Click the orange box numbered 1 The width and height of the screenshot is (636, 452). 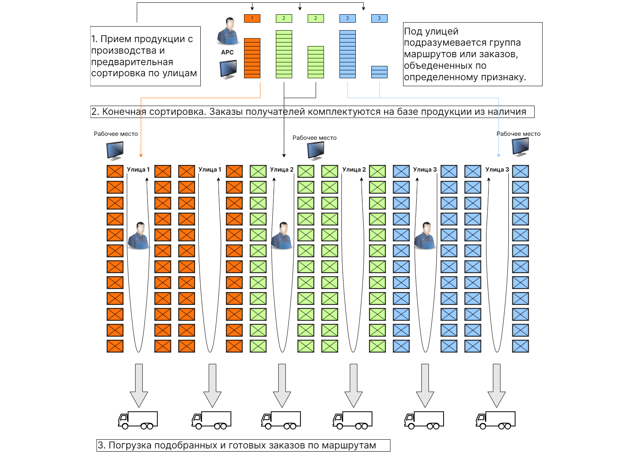(x=252, y=18)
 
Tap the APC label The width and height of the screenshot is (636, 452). (x=227, y=52)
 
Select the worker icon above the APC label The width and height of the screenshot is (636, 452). (x=228, y=31)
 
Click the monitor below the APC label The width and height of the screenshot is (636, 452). (x=228, y=69)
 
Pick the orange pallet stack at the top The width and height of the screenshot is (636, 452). (x=252, y=58)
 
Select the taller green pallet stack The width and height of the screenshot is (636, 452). (x=284, y=54)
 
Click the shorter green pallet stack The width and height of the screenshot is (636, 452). (x=316, y=62)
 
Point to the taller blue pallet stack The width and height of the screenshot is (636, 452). (x=347, y=54)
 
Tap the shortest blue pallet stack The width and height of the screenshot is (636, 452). (x=379, y=72)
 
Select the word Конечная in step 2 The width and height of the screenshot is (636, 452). (x=124, y=112)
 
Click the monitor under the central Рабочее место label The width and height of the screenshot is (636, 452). (x=316, y=151)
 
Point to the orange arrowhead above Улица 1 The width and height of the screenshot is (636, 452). (x=141, y=155)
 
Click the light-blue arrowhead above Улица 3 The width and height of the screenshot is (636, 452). (x=498, y=155)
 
